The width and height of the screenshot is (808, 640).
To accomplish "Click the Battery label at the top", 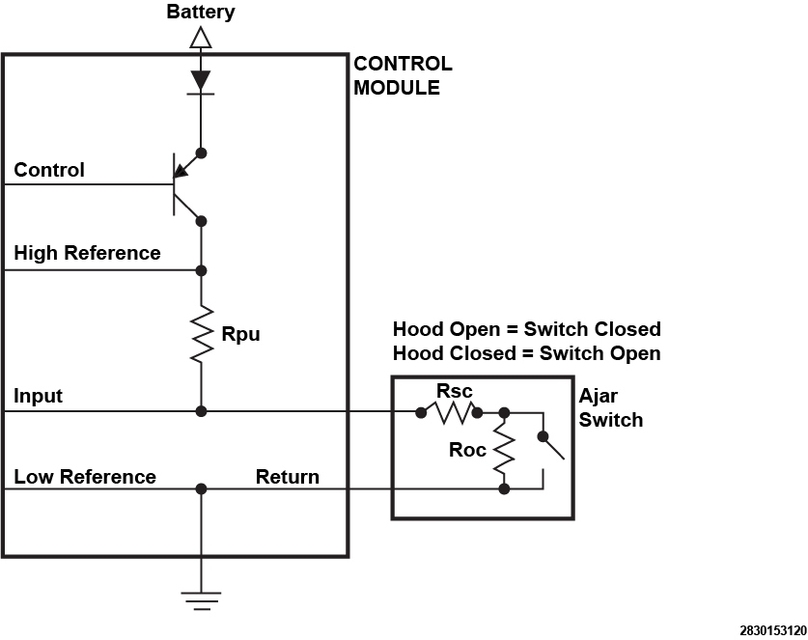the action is pos(201,12).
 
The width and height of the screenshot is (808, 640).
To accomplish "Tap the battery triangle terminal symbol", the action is pos(201,38).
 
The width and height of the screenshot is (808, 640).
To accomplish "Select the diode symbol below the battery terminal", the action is pos(201,82).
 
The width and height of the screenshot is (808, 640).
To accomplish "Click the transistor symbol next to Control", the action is pos(187,185).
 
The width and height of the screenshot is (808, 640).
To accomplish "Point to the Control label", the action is pos(49,170).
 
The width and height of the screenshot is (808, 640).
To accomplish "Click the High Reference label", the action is pos(87,253).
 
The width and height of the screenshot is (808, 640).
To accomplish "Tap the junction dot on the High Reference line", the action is pos(202,270).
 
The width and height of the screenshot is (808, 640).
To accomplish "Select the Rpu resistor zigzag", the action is pos(202,334).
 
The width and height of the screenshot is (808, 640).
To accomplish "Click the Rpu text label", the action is pos(240,334).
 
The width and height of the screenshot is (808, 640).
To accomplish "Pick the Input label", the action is pos(39,396).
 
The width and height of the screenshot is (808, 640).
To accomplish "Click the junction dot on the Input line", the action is pos(202,411).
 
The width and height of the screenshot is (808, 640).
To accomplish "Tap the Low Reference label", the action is pos(85,477).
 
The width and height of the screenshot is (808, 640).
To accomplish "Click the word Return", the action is pos(288,477).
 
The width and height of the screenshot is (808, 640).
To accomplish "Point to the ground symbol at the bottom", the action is pos(201,601).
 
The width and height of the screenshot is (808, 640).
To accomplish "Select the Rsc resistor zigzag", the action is pos(449,413).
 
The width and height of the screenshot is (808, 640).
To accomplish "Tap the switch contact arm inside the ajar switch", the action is pos(552,447).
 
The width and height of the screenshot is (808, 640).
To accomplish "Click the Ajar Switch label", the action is pos(611,407).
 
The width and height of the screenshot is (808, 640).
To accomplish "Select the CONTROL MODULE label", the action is pos(403,75).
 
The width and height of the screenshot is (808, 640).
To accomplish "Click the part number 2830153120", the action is pos(773,630).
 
